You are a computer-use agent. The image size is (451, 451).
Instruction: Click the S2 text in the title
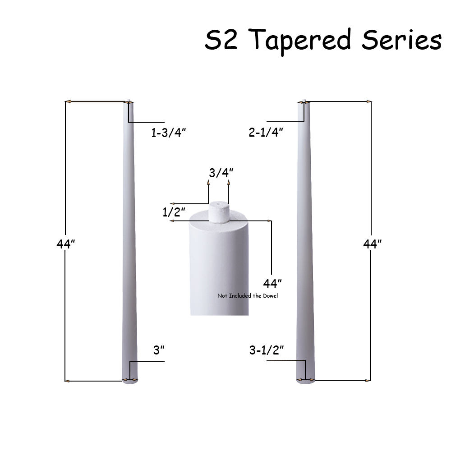coord(221,40)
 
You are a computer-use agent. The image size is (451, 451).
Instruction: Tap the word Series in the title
coord(401,40)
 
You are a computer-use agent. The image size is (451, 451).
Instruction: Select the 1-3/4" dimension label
coord(169,133)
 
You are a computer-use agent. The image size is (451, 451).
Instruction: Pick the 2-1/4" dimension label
coord(266,133)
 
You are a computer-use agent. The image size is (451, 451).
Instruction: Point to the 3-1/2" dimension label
coord(267,350)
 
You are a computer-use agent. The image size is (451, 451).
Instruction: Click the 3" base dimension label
coord(159,350)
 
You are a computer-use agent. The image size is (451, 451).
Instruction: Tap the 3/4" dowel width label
coord(221,173)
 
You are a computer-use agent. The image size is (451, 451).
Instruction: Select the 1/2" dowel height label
coord(174,212)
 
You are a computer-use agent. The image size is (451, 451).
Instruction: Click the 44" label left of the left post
coord(66,244)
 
